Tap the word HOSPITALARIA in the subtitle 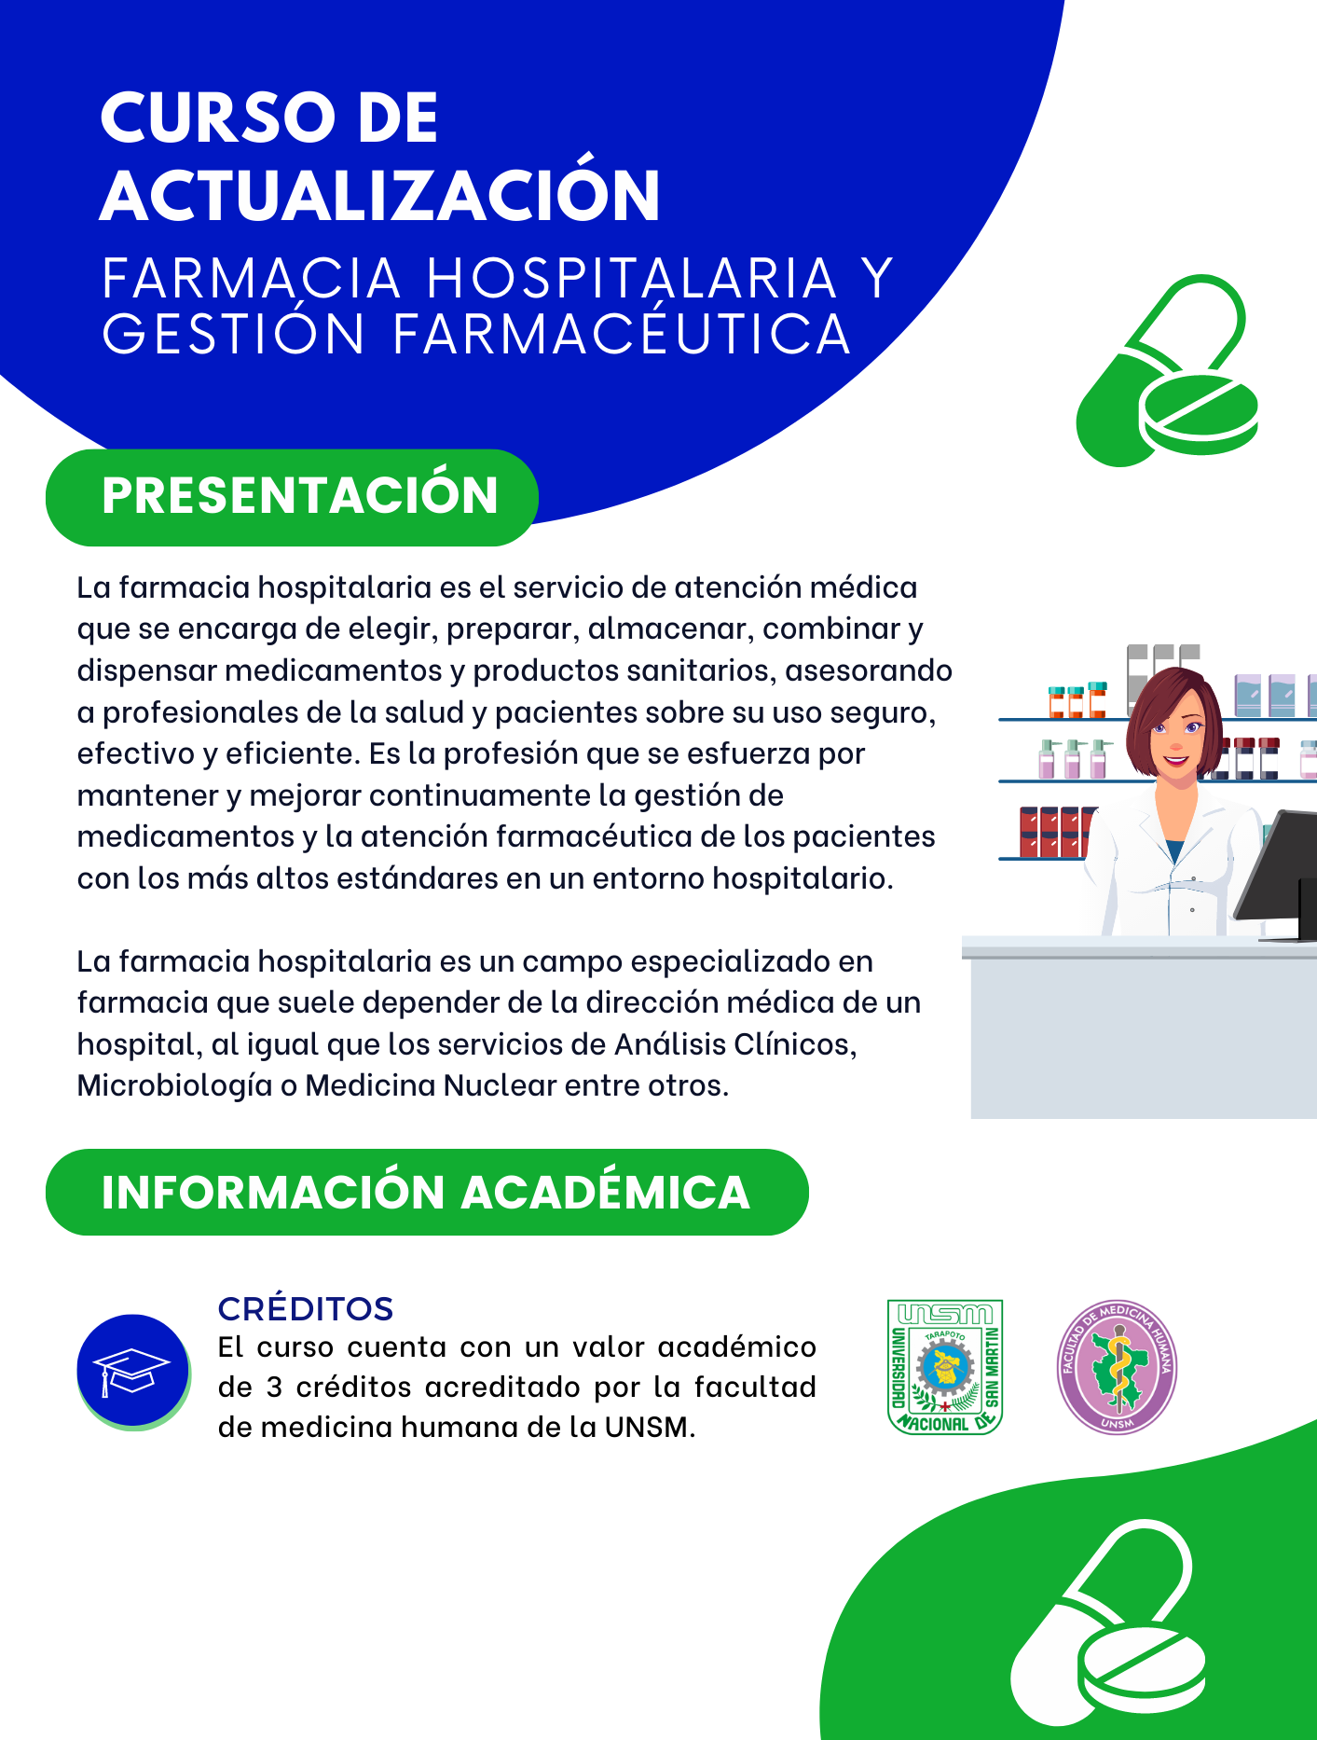click(x=632, y=278)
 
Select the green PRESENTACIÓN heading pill click(x=292, y=497)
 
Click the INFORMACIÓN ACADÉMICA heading click(x=427, y=1193)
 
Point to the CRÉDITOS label click(x=306, y=1308)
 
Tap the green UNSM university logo click(x=945, y=1367)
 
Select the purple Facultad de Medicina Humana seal click(x=1117, y=1367)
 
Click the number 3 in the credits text click(x=274, y=1388)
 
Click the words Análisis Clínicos click(x=734, y=1043)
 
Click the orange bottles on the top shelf click(x=1077, y=700)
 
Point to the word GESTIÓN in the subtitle click(x=233, y=334)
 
